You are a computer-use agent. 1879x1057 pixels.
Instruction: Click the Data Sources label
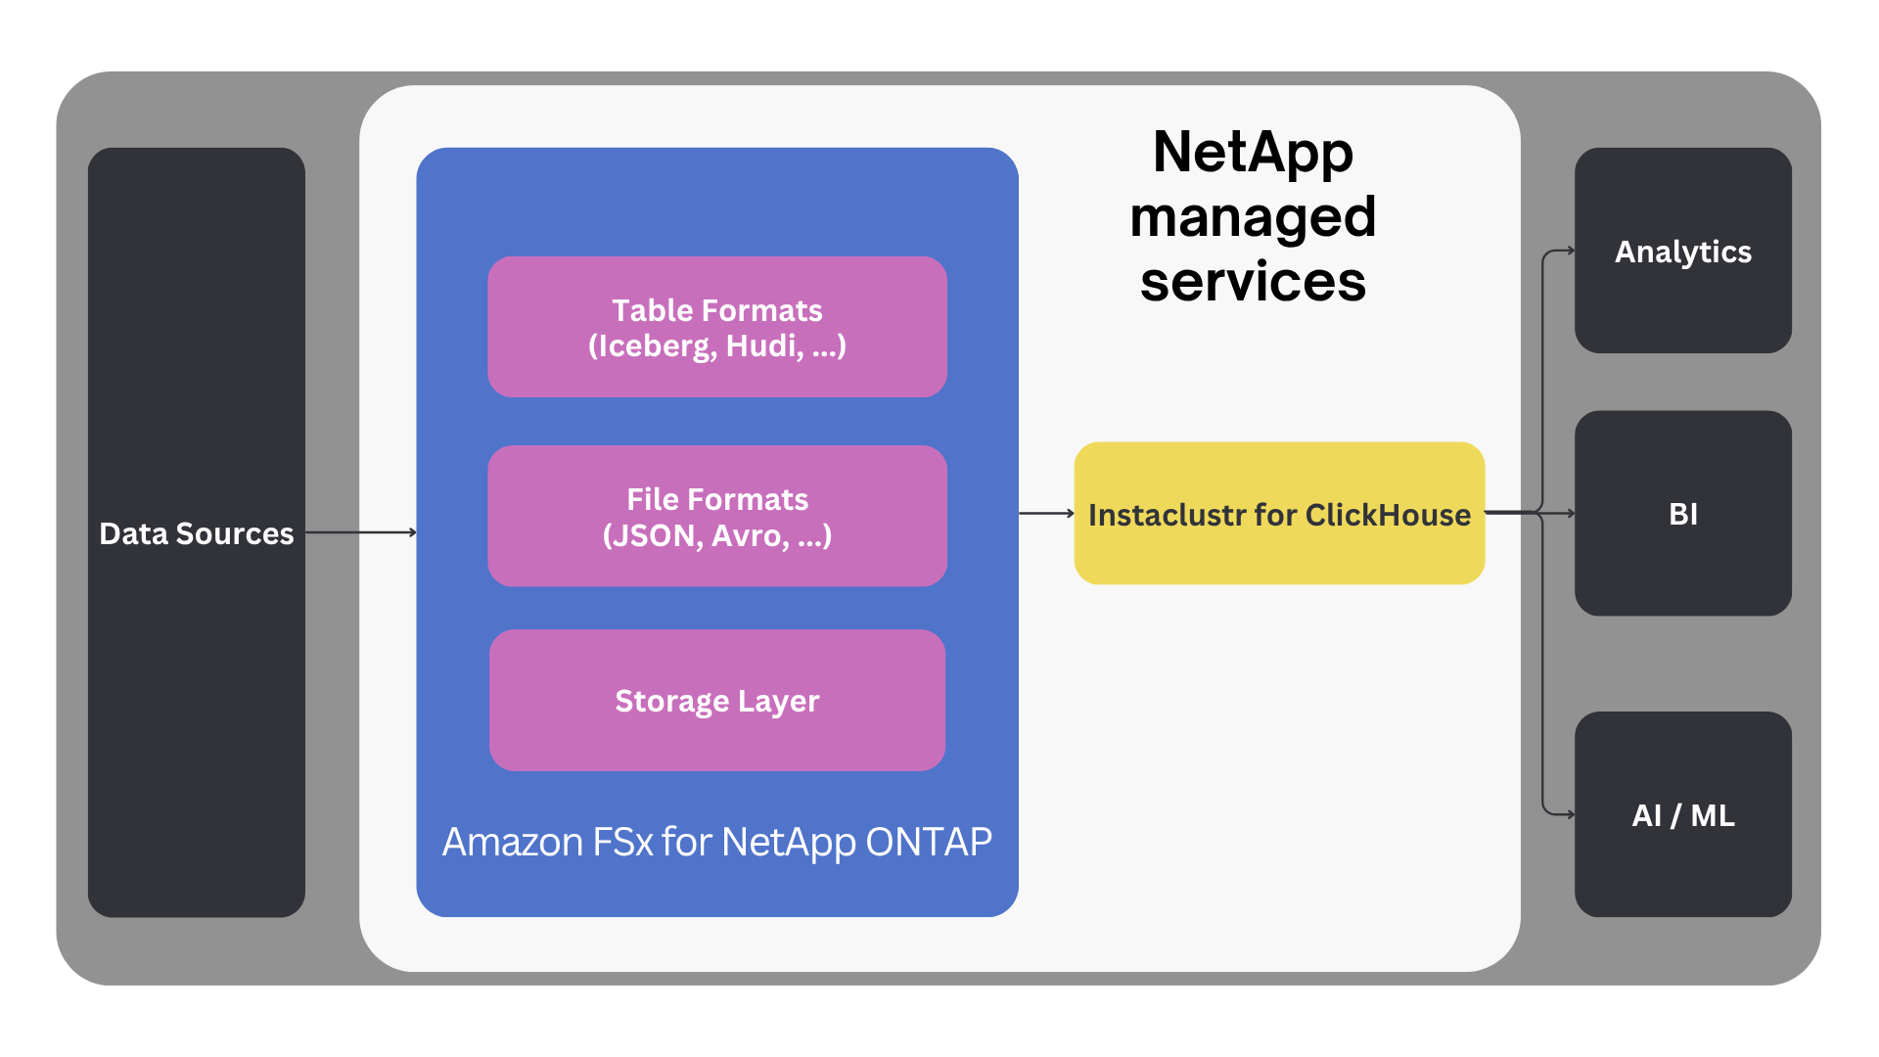[196, 533]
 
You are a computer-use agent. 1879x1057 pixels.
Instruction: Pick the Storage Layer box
[716, 700]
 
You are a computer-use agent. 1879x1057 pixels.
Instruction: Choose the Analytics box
[1682, 252]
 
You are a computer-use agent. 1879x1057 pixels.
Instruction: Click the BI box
[1682, 514]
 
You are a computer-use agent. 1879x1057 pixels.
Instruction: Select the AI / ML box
[1682, 814]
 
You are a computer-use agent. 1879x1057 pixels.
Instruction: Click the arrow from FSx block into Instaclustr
[1046, 513]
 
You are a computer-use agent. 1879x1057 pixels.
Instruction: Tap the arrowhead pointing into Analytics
[1570, 251]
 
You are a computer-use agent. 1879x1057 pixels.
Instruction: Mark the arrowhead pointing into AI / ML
[1570, 814]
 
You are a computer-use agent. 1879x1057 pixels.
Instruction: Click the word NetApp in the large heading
[1253, 153]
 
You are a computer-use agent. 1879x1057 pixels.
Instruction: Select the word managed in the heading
[1253, 217]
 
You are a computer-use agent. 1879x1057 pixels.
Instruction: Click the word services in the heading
[1253, 282]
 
